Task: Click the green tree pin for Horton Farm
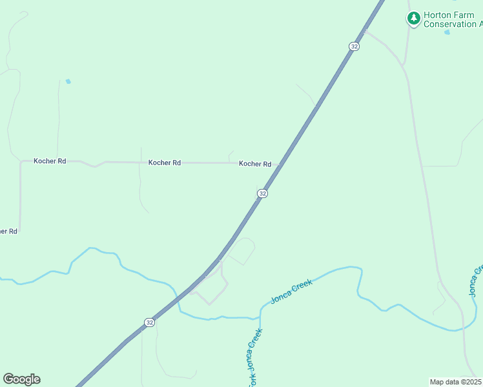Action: tap(413, 19)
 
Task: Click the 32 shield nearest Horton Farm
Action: tap(354, 46)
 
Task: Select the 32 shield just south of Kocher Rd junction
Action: tap(262, 193)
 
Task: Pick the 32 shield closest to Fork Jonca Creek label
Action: tap(150, 322)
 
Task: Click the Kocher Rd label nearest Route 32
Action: tap(254, 164)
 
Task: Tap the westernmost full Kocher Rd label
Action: tap(50, 161)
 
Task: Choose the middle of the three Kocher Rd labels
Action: tap(164, 163)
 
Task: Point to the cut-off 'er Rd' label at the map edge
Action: tap(8, 231)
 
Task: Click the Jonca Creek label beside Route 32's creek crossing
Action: tap(292, 292)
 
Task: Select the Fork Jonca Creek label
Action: tap(254, 359)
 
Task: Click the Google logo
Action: tap(21, 379)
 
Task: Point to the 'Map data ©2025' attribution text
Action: tap(456, 382)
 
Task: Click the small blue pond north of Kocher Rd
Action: tap(68, 82)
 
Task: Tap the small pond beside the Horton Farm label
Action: tap(447, 32)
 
